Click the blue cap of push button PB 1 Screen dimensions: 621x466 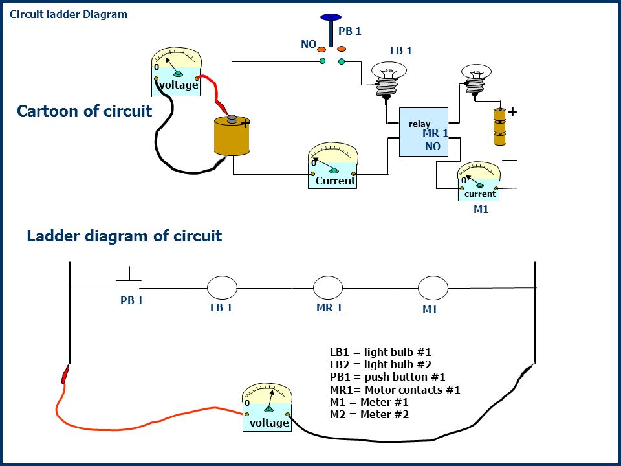331,17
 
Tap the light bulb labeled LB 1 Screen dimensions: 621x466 389,79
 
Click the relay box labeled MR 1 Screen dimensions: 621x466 423,132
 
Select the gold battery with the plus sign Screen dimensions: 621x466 232,135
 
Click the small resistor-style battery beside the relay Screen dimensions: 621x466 500,126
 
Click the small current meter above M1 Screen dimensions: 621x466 479,181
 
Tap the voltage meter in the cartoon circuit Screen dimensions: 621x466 177,72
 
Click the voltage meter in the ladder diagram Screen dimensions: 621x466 267,407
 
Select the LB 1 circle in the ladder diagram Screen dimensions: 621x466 222,287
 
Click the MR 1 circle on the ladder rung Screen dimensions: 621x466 328,287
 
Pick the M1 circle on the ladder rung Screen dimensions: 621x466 433,288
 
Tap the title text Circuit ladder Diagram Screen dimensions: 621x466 69,15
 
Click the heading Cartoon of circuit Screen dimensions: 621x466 84,111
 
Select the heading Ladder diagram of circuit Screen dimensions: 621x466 124,236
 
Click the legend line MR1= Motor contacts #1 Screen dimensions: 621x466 395,390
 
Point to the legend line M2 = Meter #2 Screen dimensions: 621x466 369,414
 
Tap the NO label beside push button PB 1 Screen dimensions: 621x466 309,44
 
